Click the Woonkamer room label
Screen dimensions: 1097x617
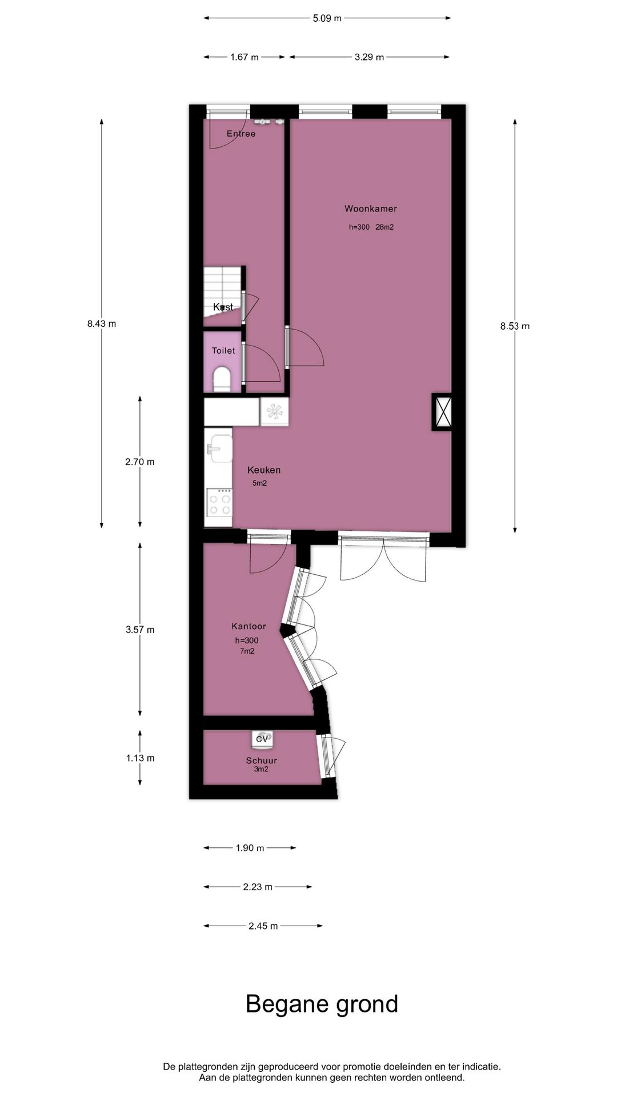pyautogui.click(x=370, y=209)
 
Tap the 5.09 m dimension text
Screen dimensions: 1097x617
pyautogui.click(x=327, y=18)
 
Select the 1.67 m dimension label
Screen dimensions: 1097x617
pyautogui.click(x=244, y=57)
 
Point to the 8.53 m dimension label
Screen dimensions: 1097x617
pyautogui.click(x=515, y=326)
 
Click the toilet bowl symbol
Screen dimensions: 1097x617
pyautogui.click(x=222, y=379)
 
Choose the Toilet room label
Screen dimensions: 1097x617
pyautogui.click(x=223, y=351)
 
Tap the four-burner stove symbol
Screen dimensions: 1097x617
pyautogui.click(x=219, y=503)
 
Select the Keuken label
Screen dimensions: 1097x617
pyautogui.click(x=263, y=470)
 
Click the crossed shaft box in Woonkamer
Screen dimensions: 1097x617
pyautogui.click(x=443, y=411)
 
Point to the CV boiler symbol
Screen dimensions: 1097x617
pyautogui.click(x=262, y=739)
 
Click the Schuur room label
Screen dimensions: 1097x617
pyautogui.click(x=261, y=760)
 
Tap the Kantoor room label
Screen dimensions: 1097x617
pyautogui.click(x=249, y=626)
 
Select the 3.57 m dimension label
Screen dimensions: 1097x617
pyautogui.click(x=140, y=630)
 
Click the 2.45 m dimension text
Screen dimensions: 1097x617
pyautogui.click(x=263, y=926)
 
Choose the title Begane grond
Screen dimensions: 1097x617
pyautogui.click(x=322, y=1004)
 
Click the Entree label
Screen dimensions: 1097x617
pyautogui.click(x=241, y=134)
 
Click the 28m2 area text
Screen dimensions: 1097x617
pyautogui.click(x=384, y=227)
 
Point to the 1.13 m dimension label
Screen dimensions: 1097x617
pyautogui.click(x=140, y=758)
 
